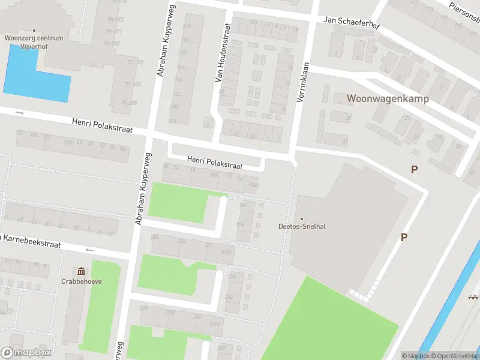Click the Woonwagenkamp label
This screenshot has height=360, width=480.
(x=388, y=99)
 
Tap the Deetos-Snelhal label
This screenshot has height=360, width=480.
(x=301, y=226)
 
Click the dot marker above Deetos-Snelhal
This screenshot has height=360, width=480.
(x=301, y=218)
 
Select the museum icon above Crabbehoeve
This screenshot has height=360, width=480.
(x=81, y=271)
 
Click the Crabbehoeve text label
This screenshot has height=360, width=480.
(x=81, y=281)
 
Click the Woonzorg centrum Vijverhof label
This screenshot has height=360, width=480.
(x=34, y=41)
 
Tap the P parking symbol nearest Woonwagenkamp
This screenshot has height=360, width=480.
(x=414, y=170)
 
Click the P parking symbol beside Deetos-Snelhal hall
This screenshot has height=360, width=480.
(x=404, y=238)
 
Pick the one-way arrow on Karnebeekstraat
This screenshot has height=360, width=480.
(x=90, y=250)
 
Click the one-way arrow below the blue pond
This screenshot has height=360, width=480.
(x=19, y=112)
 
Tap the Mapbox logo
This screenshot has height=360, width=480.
(x=26, y=353)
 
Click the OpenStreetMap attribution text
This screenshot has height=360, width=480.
(x=454, y=356)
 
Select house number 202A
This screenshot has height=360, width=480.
(x=226, y=253)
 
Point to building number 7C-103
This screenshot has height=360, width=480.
(x=133, y=84)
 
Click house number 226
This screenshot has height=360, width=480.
(x=155, y=237)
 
